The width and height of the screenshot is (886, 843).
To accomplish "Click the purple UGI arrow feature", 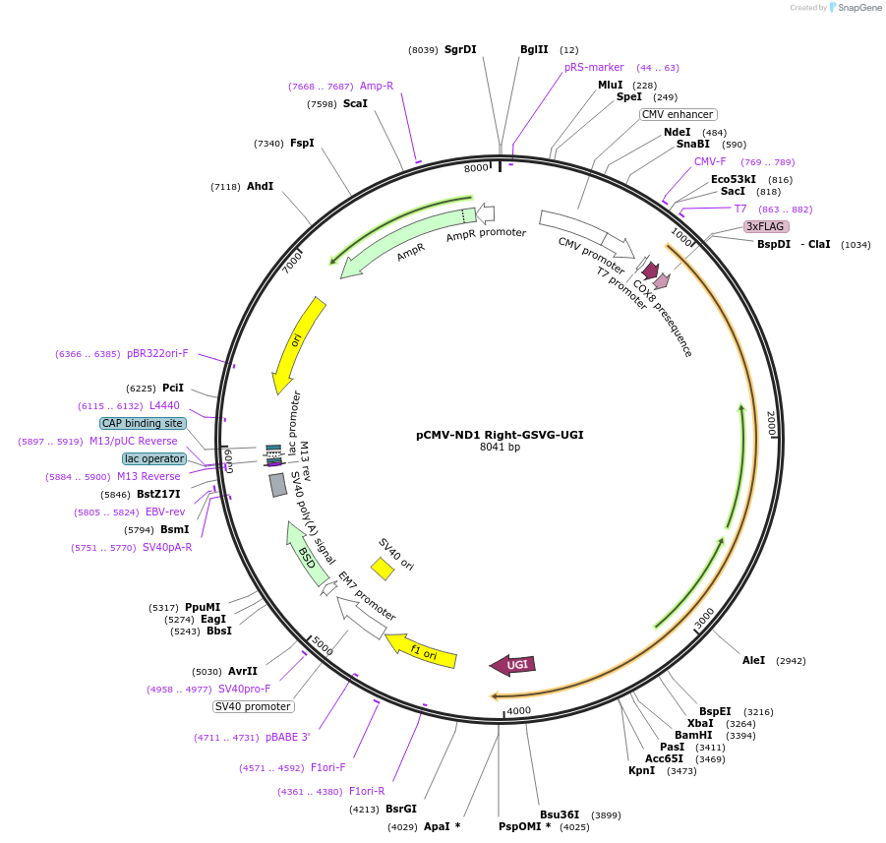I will pos(513,665).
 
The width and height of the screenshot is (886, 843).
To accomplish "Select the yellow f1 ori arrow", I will pos(422,651).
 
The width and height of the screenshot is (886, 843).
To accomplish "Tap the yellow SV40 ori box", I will pos(382,569).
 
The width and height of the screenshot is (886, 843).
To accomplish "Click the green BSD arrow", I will pos(308,554).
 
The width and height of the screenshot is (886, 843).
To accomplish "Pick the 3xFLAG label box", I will pos(766,226).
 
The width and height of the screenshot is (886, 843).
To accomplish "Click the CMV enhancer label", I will pos(678,114).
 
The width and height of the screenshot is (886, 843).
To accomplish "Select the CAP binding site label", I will pos(143,423).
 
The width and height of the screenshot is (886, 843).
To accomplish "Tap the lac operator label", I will pos(154,458).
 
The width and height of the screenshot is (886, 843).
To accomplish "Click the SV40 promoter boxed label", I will pos(254,706).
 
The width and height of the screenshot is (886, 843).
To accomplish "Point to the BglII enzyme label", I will pos(534,49).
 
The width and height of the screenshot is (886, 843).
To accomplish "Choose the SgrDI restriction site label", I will pos(460,49).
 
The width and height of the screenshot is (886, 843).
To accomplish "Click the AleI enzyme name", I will pos(753,660).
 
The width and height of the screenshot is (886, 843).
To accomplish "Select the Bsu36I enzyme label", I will pos(560,814).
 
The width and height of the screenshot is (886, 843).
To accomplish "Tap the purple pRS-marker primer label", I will pos(594,67).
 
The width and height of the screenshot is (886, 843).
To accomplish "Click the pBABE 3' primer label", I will pos(288,737).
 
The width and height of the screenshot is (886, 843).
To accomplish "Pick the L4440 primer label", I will pos(164,405).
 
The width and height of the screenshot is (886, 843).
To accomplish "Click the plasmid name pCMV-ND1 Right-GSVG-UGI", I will pos(500,434).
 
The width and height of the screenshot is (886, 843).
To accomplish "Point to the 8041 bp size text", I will pos(500,447).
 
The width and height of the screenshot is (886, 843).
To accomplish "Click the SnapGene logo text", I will pos(859,8).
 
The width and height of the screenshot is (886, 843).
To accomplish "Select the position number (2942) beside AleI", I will pos(791,661).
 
